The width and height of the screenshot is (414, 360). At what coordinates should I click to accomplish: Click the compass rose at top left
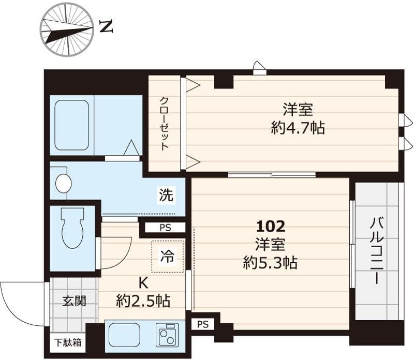coord(67,29)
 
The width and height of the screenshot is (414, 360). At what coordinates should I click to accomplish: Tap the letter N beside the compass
coord(106,26)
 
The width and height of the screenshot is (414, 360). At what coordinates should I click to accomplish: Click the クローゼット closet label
coord(164,123)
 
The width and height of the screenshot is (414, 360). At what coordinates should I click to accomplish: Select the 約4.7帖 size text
coord(298,128)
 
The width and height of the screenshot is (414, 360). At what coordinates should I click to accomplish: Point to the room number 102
coord(271,226)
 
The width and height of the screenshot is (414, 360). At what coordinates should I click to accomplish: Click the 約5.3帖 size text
coord(270,263)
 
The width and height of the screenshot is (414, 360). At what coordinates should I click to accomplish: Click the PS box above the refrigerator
coord(165,228)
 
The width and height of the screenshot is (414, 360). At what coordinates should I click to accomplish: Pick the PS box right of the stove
coord(203,324)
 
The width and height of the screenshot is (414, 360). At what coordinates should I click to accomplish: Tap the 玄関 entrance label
coord(74,301)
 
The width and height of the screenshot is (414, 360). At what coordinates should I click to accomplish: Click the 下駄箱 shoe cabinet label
coord(68,342)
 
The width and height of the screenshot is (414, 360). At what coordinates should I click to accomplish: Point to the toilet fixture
coord(72,228)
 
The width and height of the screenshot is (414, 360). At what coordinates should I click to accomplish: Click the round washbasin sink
coord(63,183)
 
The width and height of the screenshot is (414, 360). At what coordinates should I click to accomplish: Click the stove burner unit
coord(167,335)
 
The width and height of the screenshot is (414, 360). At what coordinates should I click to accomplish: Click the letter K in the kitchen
coord(142,283)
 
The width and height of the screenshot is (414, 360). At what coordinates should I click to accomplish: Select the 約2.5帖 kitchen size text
coord(143,301)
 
